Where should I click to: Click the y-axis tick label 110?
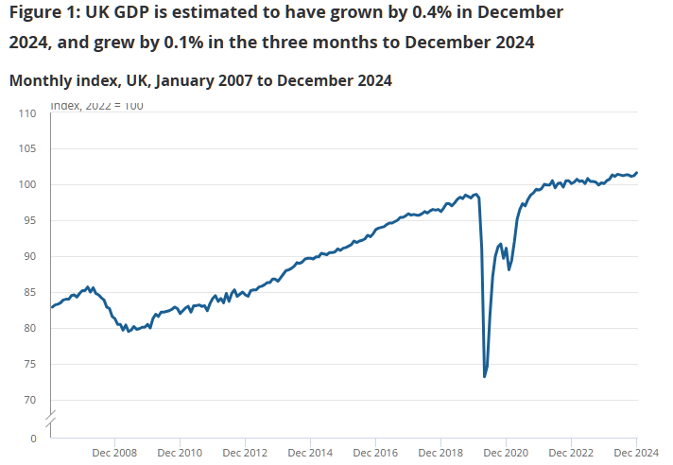[27, 113]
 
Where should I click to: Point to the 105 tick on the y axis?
[27, 149]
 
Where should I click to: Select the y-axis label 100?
[27, 185]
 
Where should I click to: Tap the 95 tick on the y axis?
[30, 221]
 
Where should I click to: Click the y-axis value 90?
[30, 257]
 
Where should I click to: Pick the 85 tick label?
[30, 293]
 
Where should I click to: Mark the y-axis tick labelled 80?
[30, 329]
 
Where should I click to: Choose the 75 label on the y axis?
[30, 365]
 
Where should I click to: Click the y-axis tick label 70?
[30, 401]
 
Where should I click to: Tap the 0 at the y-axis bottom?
[33, 439]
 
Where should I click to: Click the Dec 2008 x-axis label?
[114, 453]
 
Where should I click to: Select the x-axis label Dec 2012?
[245, 453]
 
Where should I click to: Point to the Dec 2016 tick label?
[375, 453]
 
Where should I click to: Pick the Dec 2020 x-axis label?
[506, 453]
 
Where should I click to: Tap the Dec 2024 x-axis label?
[636, 453]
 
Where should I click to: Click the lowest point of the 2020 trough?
[485, 377]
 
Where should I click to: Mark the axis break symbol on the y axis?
[51, 417]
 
